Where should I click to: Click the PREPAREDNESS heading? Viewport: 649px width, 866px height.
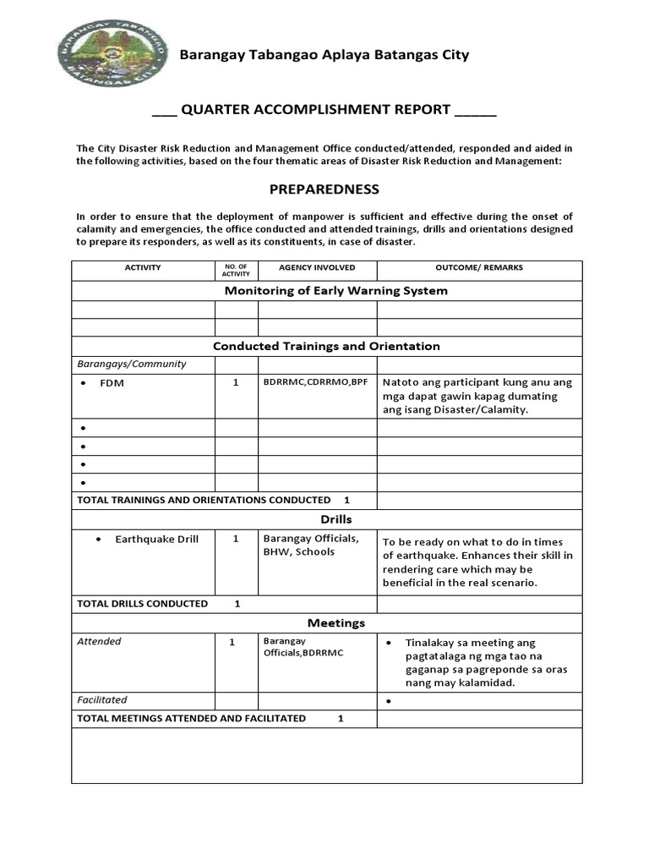pos(325,189)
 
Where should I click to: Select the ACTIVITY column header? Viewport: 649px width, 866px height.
pos(143,268)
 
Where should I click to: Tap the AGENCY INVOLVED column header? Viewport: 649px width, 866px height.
pos(317,268)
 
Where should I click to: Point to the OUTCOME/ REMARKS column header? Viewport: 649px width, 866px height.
pos(478,268)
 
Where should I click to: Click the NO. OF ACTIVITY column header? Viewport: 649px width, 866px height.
pos(236,270)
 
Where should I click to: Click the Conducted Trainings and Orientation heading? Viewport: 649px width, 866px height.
pos(326,346)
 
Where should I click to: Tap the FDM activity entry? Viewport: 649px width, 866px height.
pos(112,383)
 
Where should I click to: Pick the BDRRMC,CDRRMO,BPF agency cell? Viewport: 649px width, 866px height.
pos(316,382)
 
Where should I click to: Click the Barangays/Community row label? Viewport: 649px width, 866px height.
pos(132,364)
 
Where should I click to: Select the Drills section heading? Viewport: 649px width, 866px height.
pos(335,519)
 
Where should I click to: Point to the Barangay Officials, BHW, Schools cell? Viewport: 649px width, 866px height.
pos(310,545)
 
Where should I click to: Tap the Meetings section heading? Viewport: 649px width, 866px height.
pos(335,623)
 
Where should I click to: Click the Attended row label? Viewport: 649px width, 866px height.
pos(99,642)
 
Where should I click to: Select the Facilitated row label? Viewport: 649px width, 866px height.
pos(102,700)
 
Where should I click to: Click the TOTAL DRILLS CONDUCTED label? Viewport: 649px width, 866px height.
pos(142,604)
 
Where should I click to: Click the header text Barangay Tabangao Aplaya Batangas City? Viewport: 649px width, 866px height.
pos(324,55)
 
